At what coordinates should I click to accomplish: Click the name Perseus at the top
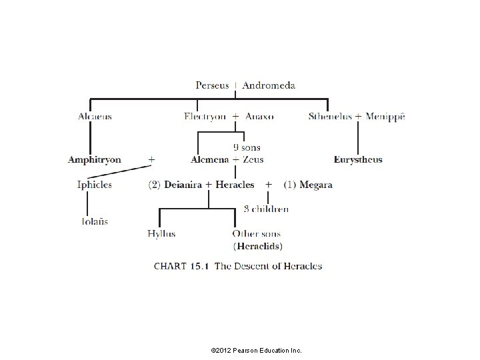pos(212,85)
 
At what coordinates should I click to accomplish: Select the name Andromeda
pos(269,85)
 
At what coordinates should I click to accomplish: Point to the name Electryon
pos(204,117)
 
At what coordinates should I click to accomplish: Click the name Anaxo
pos(259,117)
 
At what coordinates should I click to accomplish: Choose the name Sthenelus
pos(330,117)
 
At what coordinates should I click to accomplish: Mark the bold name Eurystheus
pos(358,160)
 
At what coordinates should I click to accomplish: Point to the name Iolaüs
pos(94,221)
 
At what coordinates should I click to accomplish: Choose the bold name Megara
pos(316,185)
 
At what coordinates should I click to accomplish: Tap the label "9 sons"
pos(247,147)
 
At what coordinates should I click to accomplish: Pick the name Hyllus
pos(161,234)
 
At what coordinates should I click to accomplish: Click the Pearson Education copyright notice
pos(255,349)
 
